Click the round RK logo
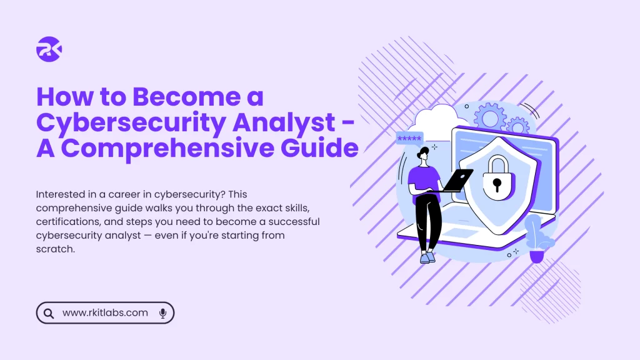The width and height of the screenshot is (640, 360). pyautogui.click(x=49, y=49)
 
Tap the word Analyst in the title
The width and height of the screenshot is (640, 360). pyautogui.click(x=284, y=123)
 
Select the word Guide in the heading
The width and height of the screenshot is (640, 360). pyautogui.click(x=319, y=147)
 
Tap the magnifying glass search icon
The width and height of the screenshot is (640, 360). pyautogui.click(x=49, y=313)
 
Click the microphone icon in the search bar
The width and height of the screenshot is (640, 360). pyautogui.click(x=162, y=313)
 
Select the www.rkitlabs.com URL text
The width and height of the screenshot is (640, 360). pyautogui.click(x=105, y=312)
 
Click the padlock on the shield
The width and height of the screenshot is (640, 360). pyautogui.click(x=497, y=178)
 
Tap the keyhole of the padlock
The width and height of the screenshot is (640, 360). pyautogui.click(x=497, y=184)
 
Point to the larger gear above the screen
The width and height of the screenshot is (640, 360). pyautogui.click(x=490, y=117)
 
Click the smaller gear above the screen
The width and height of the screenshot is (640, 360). pyautogui.click(x=517, y=126)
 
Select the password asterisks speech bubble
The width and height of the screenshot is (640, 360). pyautogui.click(x=409, y=138)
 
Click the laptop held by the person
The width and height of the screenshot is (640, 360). pyautogui.click(x=454, y=181)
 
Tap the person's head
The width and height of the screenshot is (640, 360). pyautogui.click(x=423, y=154)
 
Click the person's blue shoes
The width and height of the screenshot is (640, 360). pyautogui.click(x=427, y=257)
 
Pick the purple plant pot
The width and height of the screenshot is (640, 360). pyautogui.click(x=537, y=257)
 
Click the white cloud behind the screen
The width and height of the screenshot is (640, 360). pyautogui.click(x=437, y=121)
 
